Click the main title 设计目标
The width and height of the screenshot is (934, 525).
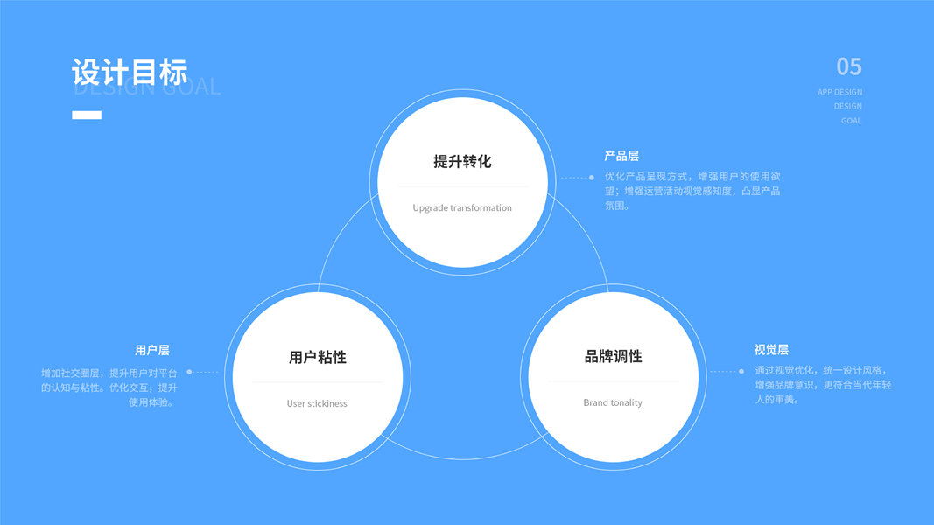click(130, 72)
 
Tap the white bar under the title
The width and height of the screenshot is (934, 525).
click(87, 115)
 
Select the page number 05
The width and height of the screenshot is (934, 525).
click(848, 66)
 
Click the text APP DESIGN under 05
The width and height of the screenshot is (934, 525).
click(839, 92)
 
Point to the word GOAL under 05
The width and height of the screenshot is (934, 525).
click(851, 121)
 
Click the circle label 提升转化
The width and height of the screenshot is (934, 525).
click(462, 162)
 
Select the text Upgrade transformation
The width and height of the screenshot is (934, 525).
click(462, 208)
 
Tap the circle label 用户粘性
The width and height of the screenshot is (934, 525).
click(317, 358)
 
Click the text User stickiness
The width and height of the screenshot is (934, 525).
click(317, 404)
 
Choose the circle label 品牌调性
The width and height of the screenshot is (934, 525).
click(613, 357)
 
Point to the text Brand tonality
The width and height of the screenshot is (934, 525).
click(613, 403)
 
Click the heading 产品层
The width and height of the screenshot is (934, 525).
click(621, 156)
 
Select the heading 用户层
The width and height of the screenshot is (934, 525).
click(152, 350)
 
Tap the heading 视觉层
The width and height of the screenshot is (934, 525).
click(771, 350)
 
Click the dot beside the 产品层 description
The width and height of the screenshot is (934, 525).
click(592, 178)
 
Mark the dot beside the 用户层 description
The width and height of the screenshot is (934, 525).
click(189, 372)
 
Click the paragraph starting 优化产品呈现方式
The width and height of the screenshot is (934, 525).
click(692, 191)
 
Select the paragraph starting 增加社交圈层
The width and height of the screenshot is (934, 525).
click(109, 388)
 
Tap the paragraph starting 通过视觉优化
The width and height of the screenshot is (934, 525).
click(823, 385)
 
